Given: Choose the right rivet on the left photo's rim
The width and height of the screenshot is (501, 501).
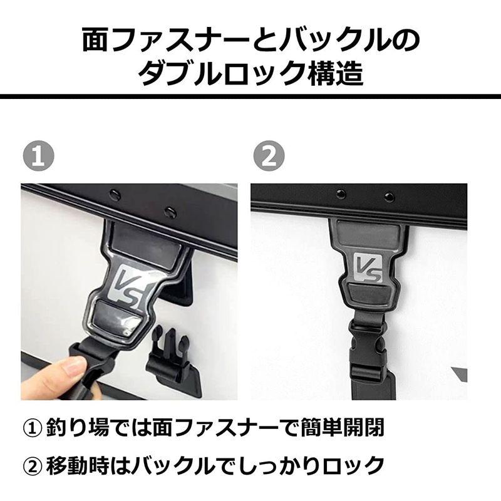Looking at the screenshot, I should [170, 213].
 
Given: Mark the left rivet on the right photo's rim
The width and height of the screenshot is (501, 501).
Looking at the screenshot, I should [341, 194].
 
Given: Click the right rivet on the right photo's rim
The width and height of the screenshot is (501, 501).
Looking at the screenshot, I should [389, 197].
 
